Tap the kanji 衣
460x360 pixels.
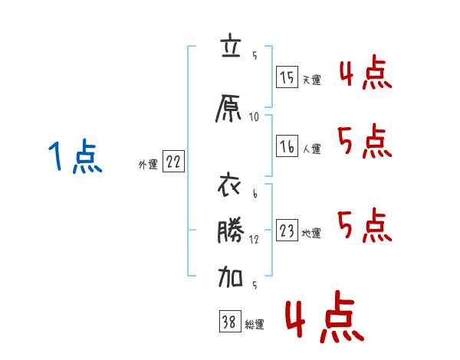pos(229,187)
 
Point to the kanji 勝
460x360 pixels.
pos(229,233)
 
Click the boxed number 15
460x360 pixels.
pos(287,77)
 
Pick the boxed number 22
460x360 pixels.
pos(174,162)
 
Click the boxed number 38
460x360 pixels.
pos(228,322)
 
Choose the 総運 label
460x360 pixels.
pos(255,324)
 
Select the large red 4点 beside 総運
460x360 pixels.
pos(322,319)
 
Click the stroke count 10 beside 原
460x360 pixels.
pos(254,116)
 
